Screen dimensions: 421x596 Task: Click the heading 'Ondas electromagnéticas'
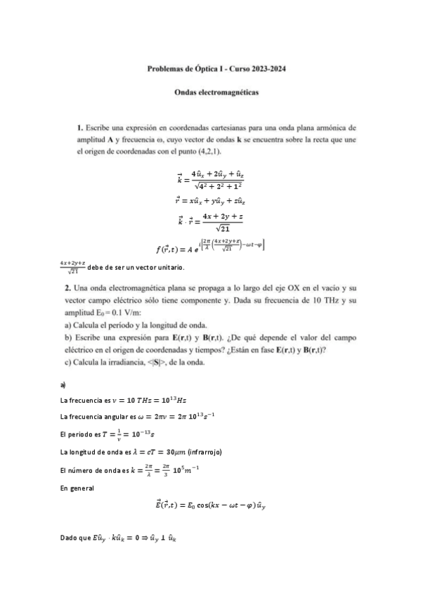pos(216,92)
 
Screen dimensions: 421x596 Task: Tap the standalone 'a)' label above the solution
pos(63,385)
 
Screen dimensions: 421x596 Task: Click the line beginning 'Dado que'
pos(119,538)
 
